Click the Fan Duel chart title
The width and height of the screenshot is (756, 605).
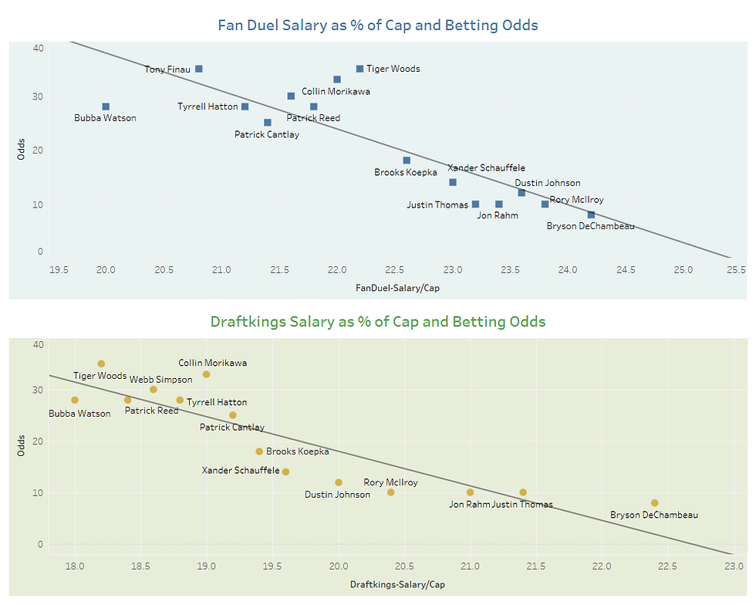(x=378, y=25)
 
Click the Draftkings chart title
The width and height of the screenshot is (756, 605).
(x=378, y=321)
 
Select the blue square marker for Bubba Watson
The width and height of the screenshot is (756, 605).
(x=106, y=106)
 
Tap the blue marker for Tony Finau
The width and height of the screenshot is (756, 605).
(x=198, y=69)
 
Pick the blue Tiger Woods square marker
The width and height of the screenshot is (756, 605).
(x=359, y=69)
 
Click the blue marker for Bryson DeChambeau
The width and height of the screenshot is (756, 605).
(x=591, y=215)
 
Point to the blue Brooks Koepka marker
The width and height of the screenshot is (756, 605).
(x=407, y=161)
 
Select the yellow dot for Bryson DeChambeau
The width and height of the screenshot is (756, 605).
(x=654, y=503)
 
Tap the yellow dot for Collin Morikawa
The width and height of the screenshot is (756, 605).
(x=206, y=374)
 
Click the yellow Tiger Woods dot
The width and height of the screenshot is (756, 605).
(x=101, y=363)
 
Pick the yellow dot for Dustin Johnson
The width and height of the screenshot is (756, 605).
(x=339, y=482)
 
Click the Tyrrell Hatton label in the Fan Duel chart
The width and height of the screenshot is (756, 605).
(x=208, y=106)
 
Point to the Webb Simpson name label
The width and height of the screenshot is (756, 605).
(x=160, y=380)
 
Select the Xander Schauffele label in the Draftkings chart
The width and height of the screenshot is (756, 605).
(x=241, y=470)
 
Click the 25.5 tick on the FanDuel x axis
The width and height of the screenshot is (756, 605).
(x=735, y=270)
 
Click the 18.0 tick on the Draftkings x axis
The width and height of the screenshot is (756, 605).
(x=75, y=566)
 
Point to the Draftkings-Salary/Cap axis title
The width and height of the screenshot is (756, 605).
(x=397, y=584)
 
